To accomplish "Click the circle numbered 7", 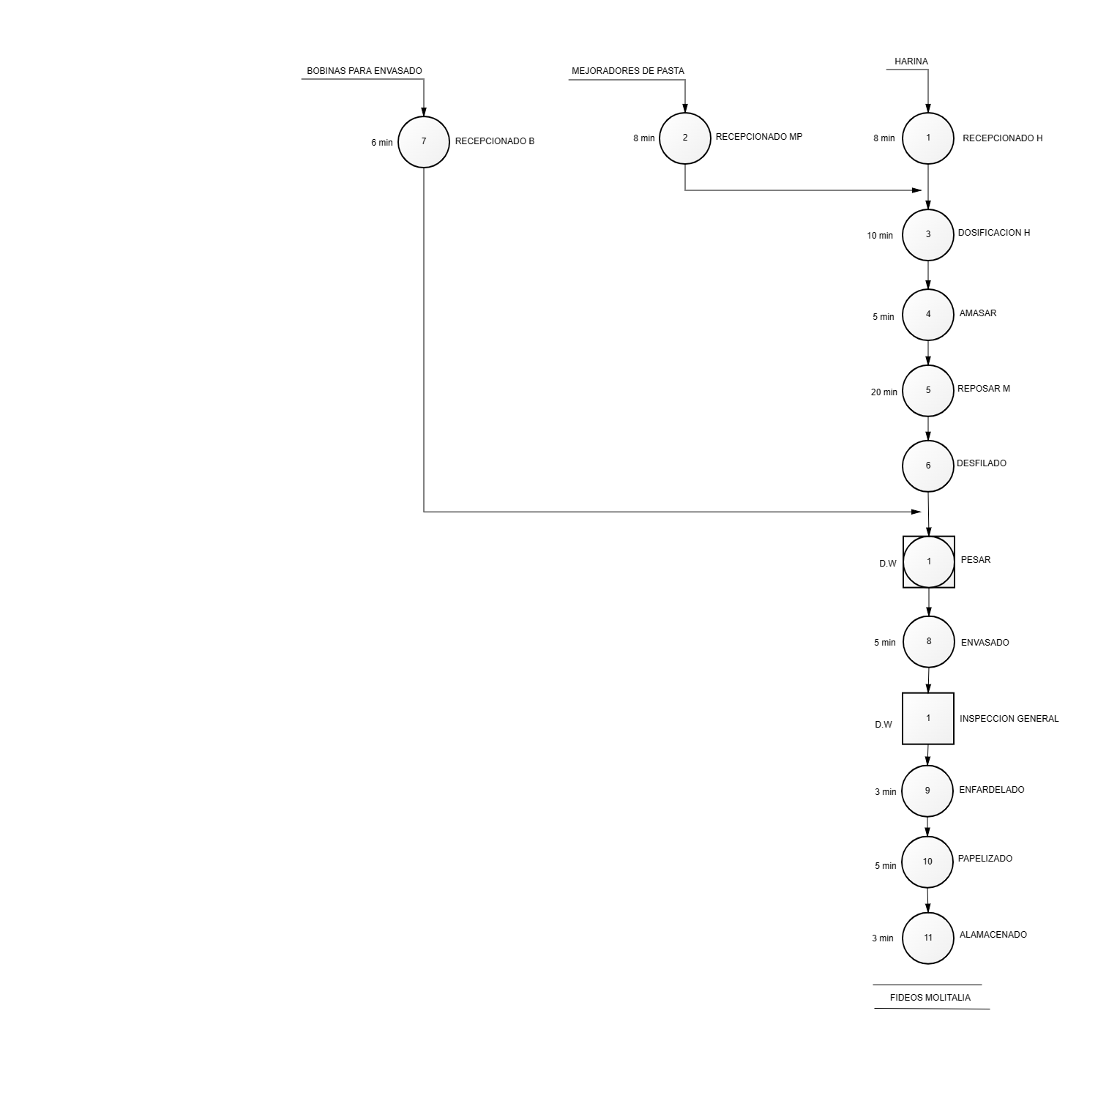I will [424, 141].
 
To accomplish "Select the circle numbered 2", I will [685, 138].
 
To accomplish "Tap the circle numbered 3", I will [928, 234].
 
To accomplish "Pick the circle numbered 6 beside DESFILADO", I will [928, 466].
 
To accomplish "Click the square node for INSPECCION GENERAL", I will [928, 718].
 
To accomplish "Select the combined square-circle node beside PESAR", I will [929, 561].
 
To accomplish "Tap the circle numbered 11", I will [928, 938].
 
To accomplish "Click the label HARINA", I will [911, 61].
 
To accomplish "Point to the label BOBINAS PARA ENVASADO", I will [365, 71].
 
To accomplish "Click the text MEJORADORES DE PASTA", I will [628, 71].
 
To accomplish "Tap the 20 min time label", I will [884, 392].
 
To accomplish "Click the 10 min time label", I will [880, 236].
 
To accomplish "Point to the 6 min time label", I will [382, 143].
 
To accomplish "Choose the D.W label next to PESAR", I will [888, 564].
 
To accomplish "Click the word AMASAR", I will [978, 313].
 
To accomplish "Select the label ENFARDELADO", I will [992, 790].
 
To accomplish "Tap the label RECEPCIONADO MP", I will [759, 137].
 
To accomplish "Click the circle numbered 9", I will [927, 791].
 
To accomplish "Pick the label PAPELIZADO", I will [985, 859].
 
